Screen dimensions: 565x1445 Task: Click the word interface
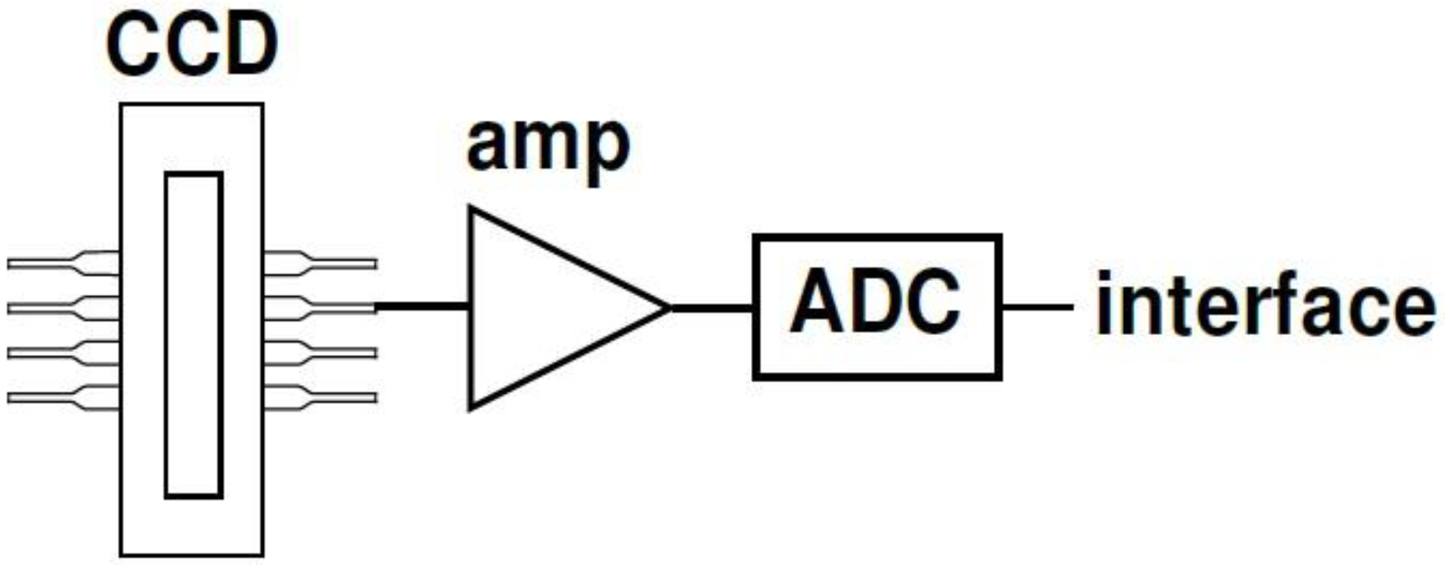click(x=1264, y=305)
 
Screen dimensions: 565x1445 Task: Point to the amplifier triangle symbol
click(x=545, y=308)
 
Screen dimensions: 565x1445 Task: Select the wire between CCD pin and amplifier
click(x=422, y=306)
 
